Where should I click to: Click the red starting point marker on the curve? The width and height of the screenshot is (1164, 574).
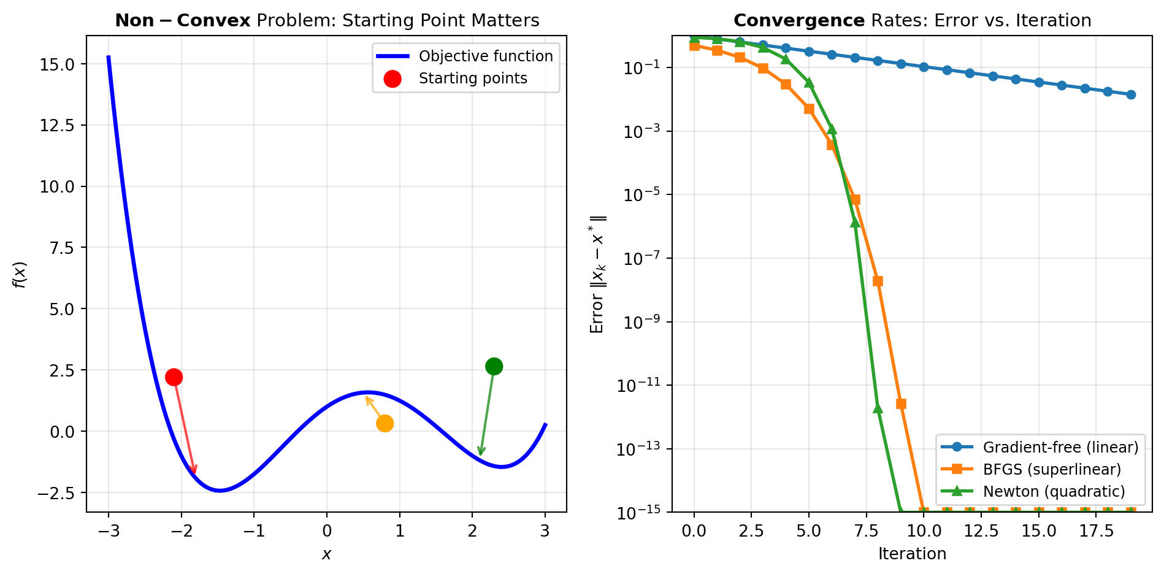pyautogui.click(x=174, y=377)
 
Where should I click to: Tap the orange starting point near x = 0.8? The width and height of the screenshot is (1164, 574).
pyautogui.click(x=385, y=423)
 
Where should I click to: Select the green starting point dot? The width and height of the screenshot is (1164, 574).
pyautogui.click(x=494, y=366)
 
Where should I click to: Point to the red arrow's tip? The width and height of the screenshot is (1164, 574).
pyautogui.click(x=195, y=473)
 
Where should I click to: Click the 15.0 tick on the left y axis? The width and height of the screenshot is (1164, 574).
pyautogui.click(x=58, y=64)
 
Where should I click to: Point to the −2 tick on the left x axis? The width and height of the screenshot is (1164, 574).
pyautogui.click(x=182, y=531)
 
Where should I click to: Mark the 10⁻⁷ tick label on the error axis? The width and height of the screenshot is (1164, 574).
pyautogui.click(x=641, y=258)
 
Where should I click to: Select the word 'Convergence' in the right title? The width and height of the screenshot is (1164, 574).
pyautogui.click(x=798, y=21)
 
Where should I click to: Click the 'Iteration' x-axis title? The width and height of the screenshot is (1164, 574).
pyautogui.click(x=912, y=554)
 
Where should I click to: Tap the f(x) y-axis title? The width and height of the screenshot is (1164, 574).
pyautogui.click(x=20, y=274)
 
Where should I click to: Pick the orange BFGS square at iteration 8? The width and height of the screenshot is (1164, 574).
pyautogui.click(x=878, y=281)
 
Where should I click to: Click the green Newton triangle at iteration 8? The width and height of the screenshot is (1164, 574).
pyautogui.click(x=878, y=408)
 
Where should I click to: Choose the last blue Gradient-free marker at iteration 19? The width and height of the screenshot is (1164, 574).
pyautogui.click(x=1130, y=94)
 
